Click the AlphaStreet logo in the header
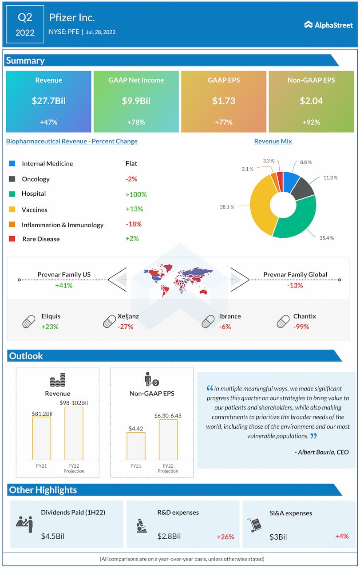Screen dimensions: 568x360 (x=328, y=25)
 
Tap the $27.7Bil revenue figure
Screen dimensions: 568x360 (x=48, y=101)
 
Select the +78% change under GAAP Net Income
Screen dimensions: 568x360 (x=136, y=122)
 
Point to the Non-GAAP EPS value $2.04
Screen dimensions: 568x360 (x=311, y=101)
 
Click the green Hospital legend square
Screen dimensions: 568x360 (x=12, y=194)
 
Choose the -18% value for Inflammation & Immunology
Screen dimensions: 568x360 (x=133, y=224)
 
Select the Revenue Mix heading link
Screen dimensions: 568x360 (x=273, y=141)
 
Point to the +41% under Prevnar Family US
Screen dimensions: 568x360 (x=63, y=285)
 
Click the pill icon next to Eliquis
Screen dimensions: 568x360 (x=29, y=321)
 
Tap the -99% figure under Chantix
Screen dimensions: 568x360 (x=301, y=327)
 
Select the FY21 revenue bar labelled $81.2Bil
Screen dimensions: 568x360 (x=42, y=438)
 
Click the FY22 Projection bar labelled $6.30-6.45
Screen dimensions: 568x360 (x=168, y=439)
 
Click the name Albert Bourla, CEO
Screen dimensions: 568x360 (x=322, y=452)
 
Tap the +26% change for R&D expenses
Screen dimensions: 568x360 (x=225, y=537)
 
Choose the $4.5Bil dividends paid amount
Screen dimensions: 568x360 (x=53, y=536)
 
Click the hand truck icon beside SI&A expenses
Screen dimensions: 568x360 (x=255, y=525)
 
